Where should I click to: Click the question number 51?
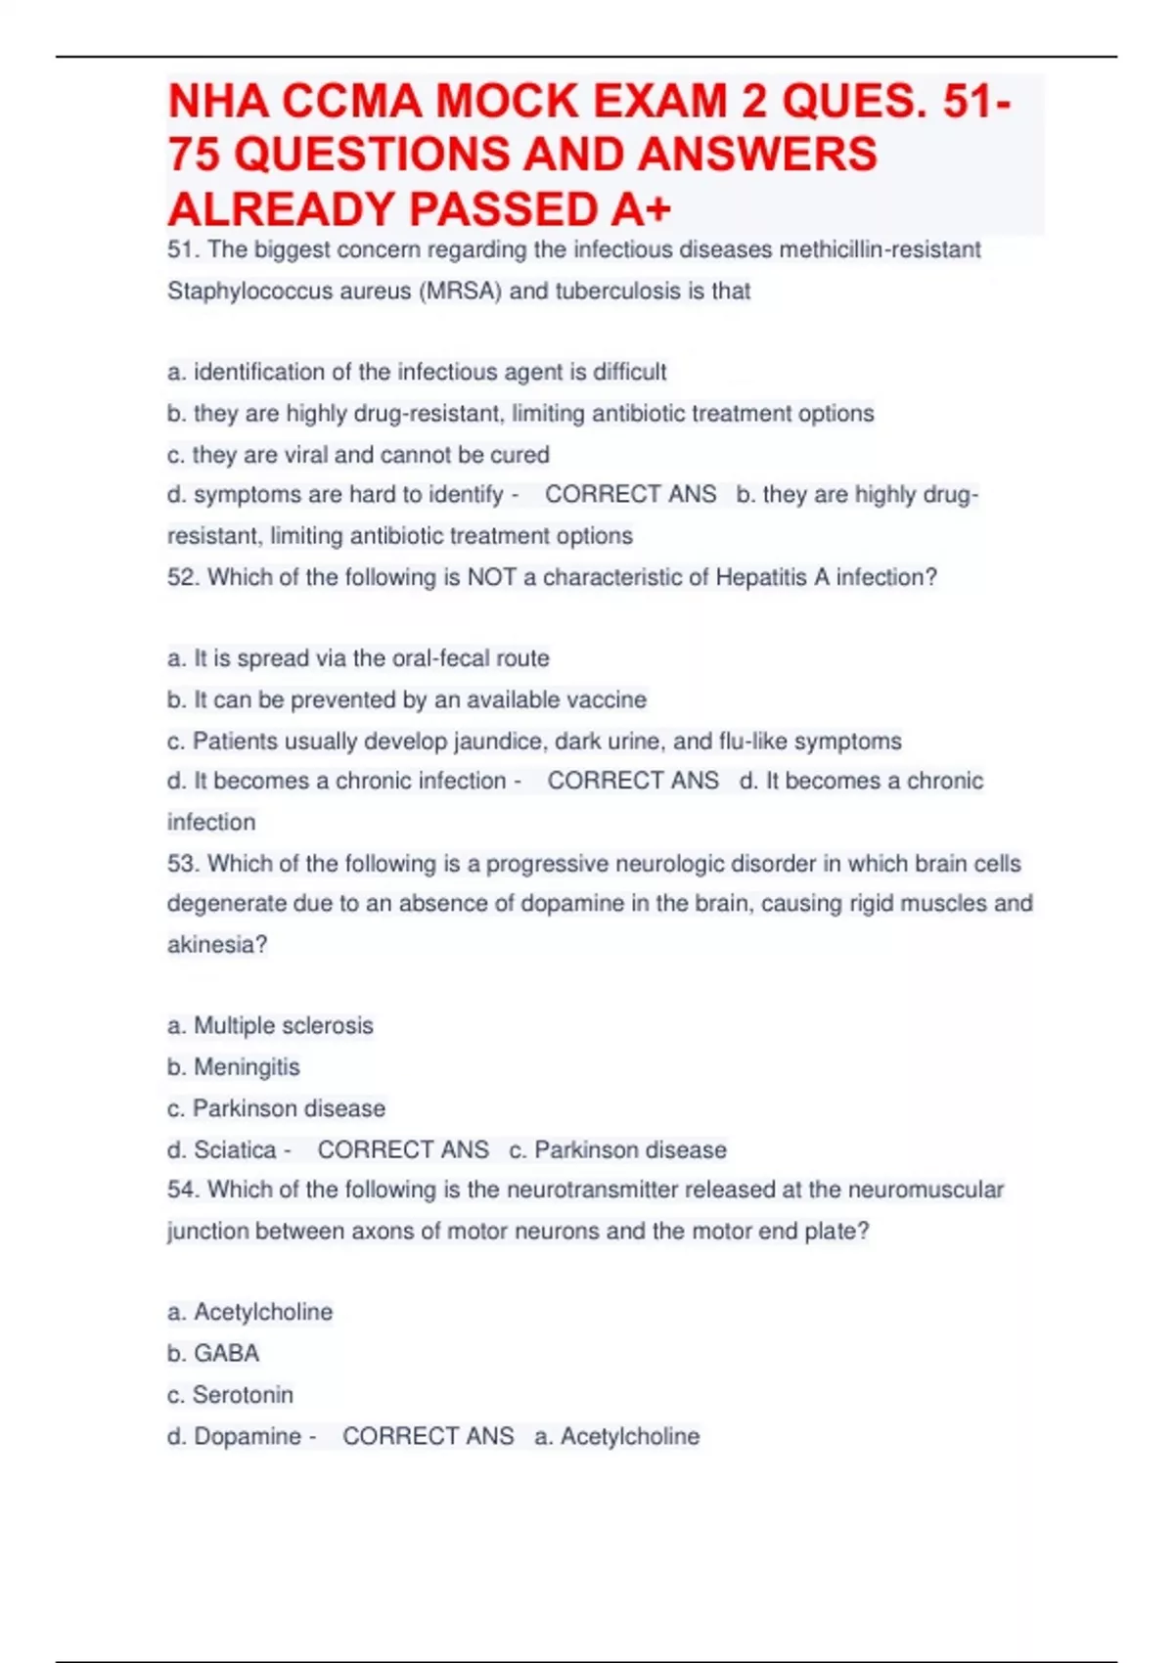(x=183, y=250)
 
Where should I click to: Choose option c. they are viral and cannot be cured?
(x=358, y=455)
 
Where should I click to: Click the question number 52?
(x=183, y=578)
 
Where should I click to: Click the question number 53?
(x=183, y=864)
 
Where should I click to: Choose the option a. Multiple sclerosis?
(x=270, y=1026)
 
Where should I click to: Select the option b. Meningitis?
(x=234, y=1067)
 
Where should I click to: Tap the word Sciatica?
(x=235, y=1150)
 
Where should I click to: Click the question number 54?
(x=183, y=1191)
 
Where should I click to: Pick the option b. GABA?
(x=213, y=1354)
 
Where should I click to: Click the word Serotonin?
(x=243, y=1395)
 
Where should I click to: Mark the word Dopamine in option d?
(x=248, y=1437)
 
